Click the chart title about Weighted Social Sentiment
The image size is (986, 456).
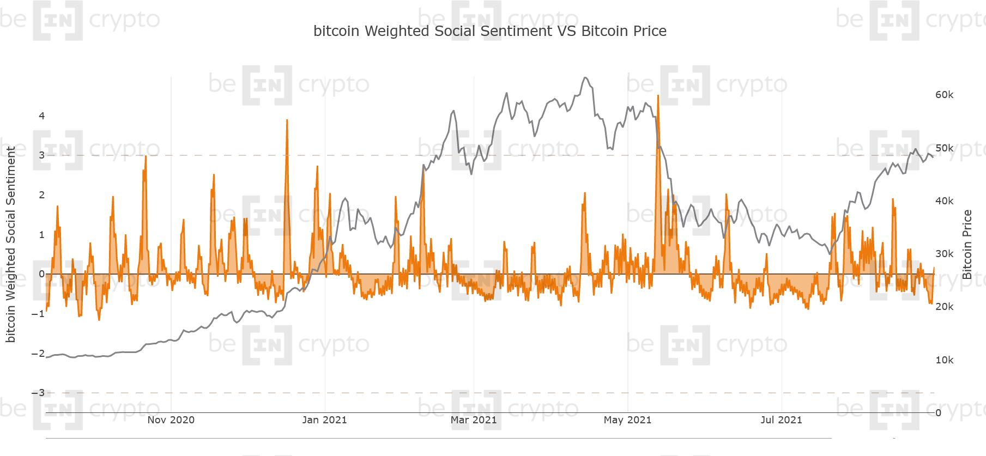[489, 31]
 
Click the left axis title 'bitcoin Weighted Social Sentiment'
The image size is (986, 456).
[10, 244]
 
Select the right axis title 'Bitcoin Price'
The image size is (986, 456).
[967, 244]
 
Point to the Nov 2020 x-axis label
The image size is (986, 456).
[171, 419]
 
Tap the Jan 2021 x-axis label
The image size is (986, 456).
[324, 419]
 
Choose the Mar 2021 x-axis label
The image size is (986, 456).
[473, 419]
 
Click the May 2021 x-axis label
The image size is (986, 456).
[627, 419]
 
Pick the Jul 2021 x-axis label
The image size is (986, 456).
[781, 419]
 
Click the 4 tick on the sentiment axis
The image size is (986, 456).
[41, 115]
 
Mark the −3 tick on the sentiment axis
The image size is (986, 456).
[38, 393]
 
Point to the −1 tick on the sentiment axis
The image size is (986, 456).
[38, 314]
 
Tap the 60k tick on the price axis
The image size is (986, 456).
[944, 95]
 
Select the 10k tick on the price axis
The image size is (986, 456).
[944, 360]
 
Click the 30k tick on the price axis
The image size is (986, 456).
[944, 254]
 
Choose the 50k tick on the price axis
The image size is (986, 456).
[944, 148]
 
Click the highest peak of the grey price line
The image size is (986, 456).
[585, 78]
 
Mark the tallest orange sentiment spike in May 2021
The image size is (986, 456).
[658, 96]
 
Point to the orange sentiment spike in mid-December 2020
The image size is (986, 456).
[287, 120]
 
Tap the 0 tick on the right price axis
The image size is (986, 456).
[938, 413]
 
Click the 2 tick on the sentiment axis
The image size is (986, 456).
[41, 195]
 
